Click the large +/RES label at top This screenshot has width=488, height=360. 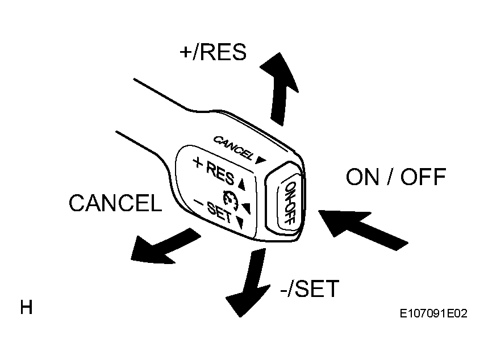[213, 52]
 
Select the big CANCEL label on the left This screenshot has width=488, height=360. [115, 203]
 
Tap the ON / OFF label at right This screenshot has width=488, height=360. [396, 177]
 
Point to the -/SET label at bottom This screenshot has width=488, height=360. [310, 288]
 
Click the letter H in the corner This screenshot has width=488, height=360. [26, 307]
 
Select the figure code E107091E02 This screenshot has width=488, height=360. [433, 313]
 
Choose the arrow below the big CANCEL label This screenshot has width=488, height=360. [165, 248]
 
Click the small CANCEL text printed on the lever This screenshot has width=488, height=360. [233, 148]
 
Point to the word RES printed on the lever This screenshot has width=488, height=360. [220, 173]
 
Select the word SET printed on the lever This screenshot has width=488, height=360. [220, 212]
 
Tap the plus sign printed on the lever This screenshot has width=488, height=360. [198, 162]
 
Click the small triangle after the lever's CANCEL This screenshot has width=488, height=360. [261, 160]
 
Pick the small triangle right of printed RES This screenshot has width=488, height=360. [242, 184]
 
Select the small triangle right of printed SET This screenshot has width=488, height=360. [240, 223]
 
